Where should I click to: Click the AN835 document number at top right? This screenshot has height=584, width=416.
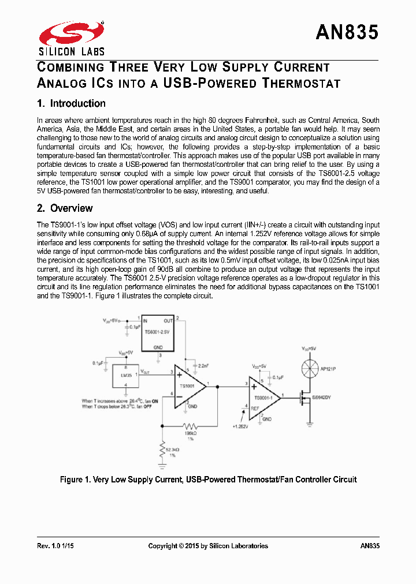[x=347, y=33]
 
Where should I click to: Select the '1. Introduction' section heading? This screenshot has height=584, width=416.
[x=71, y=104]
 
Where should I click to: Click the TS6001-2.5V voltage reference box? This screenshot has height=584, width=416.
[x=158, y=334]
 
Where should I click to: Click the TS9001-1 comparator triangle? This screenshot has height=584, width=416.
[x=263, y=396]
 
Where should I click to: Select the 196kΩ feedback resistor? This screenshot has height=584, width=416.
[x=190, y=425]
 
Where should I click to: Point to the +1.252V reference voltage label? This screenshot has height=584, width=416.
[x=239, y=426]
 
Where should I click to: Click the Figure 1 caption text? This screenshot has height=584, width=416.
[x=208, y=480]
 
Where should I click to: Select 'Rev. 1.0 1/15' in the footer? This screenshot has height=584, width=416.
[x=55, y=546]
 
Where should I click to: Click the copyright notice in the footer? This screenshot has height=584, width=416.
[x=208, y=546]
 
